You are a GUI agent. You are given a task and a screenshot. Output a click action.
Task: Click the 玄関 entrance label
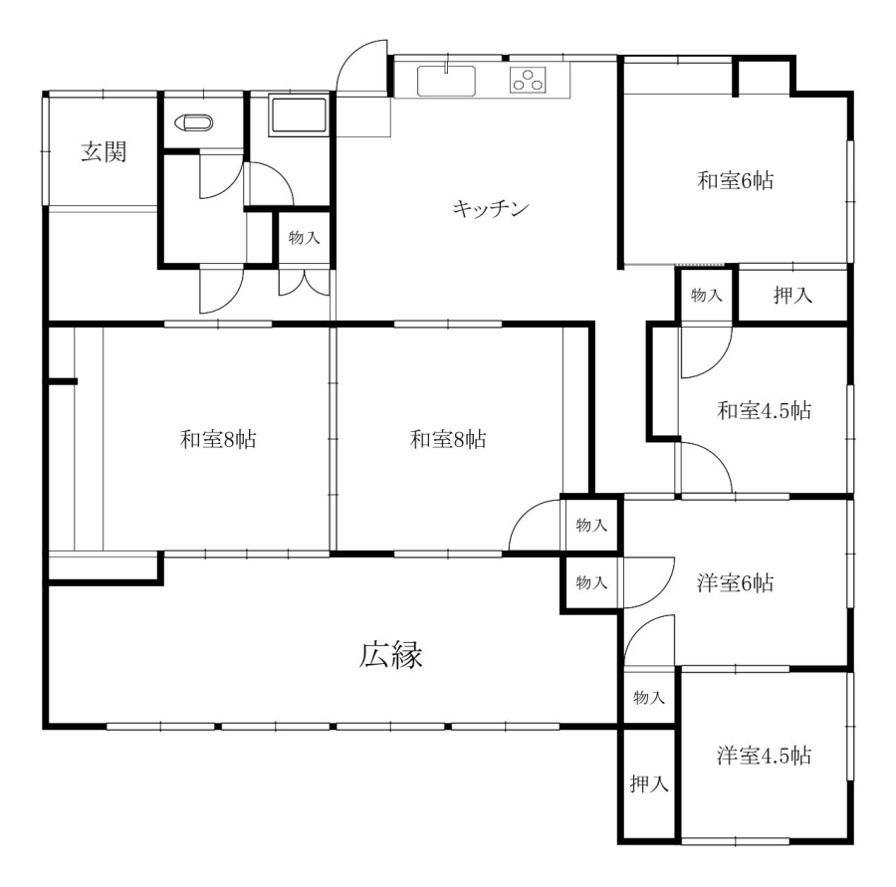coord(104,152)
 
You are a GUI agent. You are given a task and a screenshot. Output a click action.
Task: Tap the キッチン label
coord(491,209)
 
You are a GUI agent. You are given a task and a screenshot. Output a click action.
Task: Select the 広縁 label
coord(391,655)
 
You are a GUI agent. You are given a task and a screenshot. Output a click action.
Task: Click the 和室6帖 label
coord(736,180)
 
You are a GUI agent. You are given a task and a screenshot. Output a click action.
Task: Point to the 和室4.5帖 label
coord(764,410)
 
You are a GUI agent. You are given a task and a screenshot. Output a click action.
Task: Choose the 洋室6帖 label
coord(736,583)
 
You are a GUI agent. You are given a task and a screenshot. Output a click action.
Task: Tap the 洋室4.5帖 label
coord(764,756)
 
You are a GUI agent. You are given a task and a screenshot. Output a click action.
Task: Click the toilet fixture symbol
coord(194,122)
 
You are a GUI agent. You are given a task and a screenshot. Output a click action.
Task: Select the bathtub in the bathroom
coord(299,116)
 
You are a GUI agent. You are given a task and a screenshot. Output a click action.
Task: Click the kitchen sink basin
coord(446,81)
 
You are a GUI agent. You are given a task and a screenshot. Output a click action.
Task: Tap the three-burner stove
coord(528,80)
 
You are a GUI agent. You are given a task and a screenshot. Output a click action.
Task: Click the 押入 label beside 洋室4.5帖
coord(649,784)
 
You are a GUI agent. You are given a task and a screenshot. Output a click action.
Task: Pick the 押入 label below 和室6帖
coord(792,295)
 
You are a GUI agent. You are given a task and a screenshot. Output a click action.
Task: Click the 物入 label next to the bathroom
coord(304,237)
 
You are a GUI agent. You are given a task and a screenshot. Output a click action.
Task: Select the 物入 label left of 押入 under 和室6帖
coord(706,295)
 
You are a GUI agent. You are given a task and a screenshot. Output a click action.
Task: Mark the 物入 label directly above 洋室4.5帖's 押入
coord(649,697)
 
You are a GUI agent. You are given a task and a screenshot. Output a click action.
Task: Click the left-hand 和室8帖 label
coord(218,439)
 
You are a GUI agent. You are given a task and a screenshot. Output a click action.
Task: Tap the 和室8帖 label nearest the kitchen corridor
coord(448,439)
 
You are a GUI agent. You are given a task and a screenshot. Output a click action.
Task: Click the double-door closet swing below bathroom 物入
coord(305,283)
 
